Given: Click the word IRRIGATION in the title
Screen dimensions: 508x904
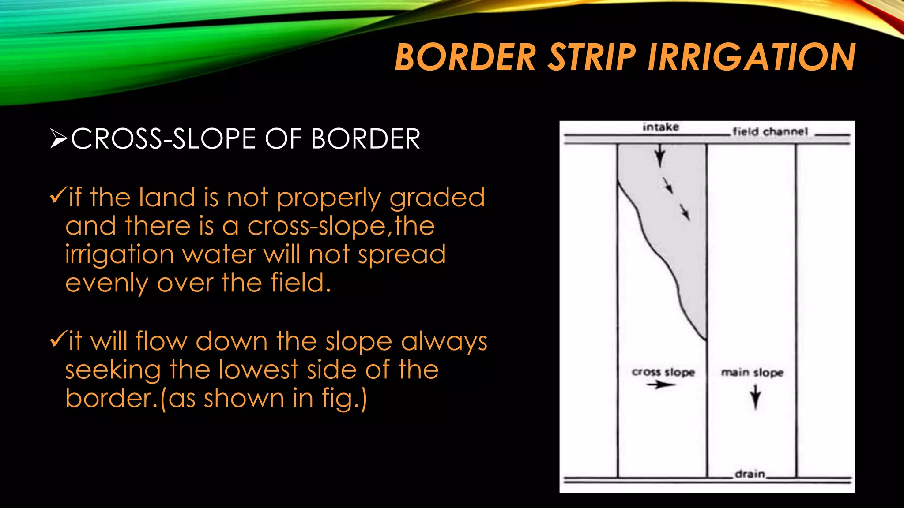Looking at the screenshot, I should pos(751,57).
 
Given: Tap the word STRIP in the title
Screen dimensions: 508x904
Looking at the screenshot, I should pos(591,57).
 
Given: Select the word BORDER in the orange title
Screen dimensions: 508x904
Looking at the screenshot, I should pos(465,57).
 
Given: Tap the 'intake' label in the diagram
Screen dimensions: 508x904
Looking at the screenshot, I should pos(660,127).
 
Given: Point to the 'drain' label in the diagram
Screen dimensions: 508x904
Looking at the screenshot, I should pos(750,474).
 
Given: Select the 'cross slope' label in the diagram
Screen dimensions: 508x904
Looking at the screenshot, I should pos(663,372).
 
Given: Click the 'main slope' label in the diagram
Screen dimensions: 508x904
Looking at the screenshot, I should pos(752,373).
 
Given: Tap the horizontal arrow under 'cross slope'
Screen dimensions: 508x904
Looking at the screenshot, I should pos(661,385).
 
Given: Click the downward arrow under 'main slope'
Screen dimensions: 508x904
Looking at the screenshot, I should pos(755,397).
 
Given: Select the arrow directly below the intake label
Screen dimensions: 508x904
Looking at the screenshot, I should pos(659,155).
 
